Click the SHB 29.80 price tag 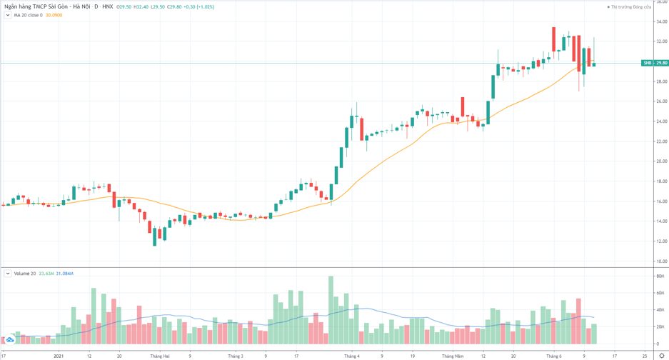[x=655, y=63]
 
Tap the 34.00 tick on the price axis [x=661, y=21]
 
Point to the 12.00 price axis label [x=661, y=241]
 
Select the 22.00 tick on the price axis [x=661, y=141]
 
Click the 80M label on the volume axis [x=660, y=276]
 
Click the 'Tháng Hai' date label [x=160, y=356]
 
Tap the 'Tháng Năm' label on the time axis [x=453, y=356]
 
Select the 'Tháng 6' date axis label [x=554, y=356]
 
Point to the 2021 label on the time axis [x=59, y=356]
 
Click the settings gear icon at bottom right [x=662, y=356]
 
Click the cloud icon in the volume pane [x=10, y=339]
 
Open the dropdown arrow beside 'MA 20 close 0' [x=8, y=15]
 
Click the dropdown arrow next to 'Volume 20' [x=8, y=274]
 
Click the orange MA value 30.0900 [x=54, y=15]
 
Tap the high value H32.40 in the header [x=141, y=6]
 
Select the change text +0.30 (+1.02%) [x=199, y=6]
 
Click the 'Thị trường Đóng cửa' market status [x=630, y=7]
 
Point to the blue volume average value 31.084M [x=64, y=274]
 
